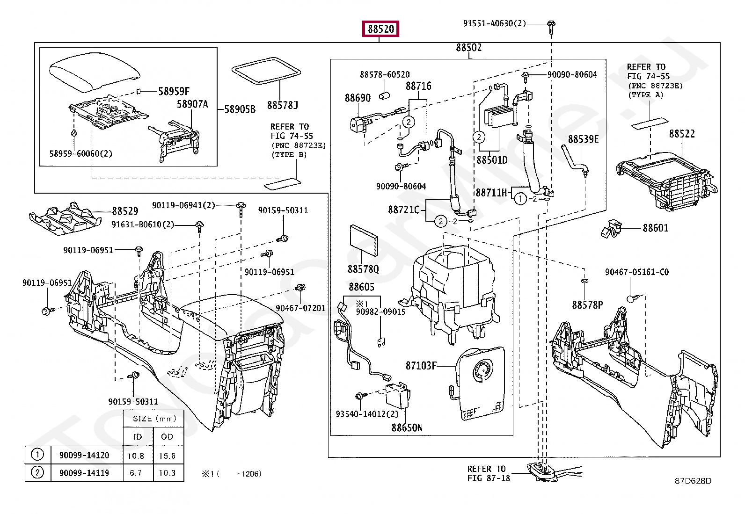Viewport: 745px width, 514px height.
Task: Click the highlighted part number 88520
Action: tap(381, 29)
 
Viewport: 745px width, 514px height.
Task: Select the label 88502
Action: tap(468, 48)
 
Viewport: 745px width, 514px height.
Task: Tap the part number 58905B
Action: tap(240, 109)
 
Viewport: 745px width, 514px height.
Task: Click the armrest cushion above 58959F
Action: tap(95, 73)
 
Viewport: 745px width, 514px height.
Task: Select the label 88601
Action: tap(655, 228)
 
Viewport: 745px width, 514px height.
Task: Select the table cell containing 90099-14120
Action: tap(84, 455)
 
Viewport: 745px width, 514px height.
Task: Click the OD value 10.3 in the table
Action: tap(167, 473)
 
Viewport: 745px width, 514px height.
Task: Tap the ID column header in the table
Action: tap(137, 437)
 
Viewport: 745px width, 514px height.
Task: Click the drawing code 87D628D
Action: tap(693, 481)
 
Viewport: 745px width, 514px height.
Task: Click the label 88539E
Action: tap(583, 139)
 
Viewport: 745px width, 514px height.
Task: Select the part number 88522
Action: tap(681, 134)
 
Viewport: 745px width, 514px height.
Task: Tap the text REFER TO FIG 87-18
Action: tap(488, 473)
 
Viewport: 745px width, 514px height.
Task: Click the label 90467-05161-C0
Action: tap(636, 272)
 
